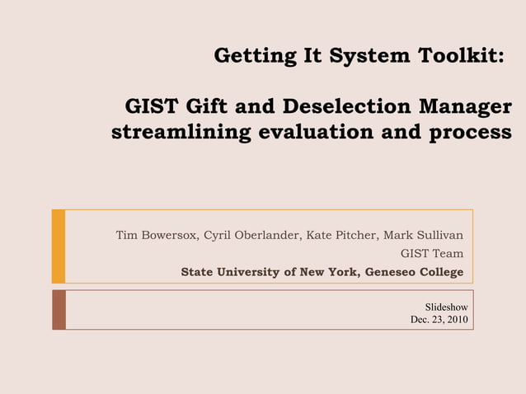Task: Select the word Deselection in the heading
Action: click(x=346, y=107)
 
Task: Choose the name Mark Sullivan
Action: click(x=423, y=235)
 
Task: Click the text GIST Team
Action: click(x=431, y=254)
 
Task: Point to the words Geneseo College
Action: click(x=414, y=273)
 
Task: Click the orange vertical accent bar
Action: click(x=58, y=246)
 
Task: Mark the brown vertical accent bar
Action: click(x=58, y=309)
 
